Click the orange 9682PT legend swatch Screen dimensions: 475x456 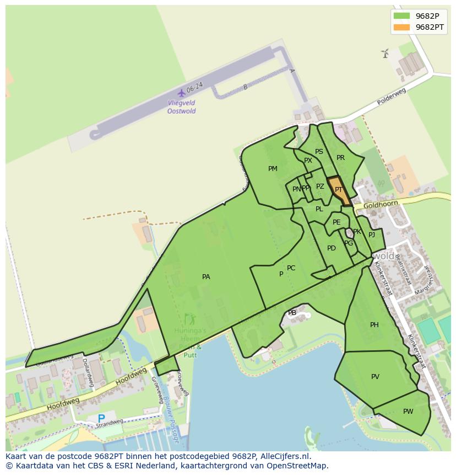click(x=401, y=27)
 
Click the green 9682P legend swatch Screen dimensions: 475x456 click(x=401, y=15)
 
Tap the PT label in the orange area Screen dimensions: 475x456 click(x=339, y=190)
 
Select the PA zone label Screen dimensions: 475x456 click(x=206, y=277)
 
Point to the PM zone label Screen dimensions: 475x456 click(x=273, y=169)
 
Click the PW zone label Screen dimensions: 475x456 click(x=408, y=412)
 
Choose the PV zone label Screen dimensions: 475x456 click(x=375, y=377)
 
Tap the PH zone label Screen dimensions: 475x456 click(x=374, y=325)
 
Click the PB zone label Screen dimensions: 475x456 click(x=292, y=313)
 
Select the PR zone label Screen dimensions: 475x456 click(x=340, y=158)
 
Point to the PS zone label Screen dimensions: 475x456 click(x=319, y=152)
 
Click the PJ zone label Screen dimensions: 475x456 click(x=372, y=234)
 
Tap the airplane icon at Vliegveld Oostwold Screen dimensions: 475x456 click(x=181, y=93)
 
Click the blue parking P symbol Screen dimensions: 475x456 click(x=101, y=419)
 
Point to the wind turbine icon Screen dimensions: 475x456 click(x=385, y=53)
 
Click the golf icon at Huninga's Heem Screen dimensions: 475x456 click(x=190, y=319)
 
